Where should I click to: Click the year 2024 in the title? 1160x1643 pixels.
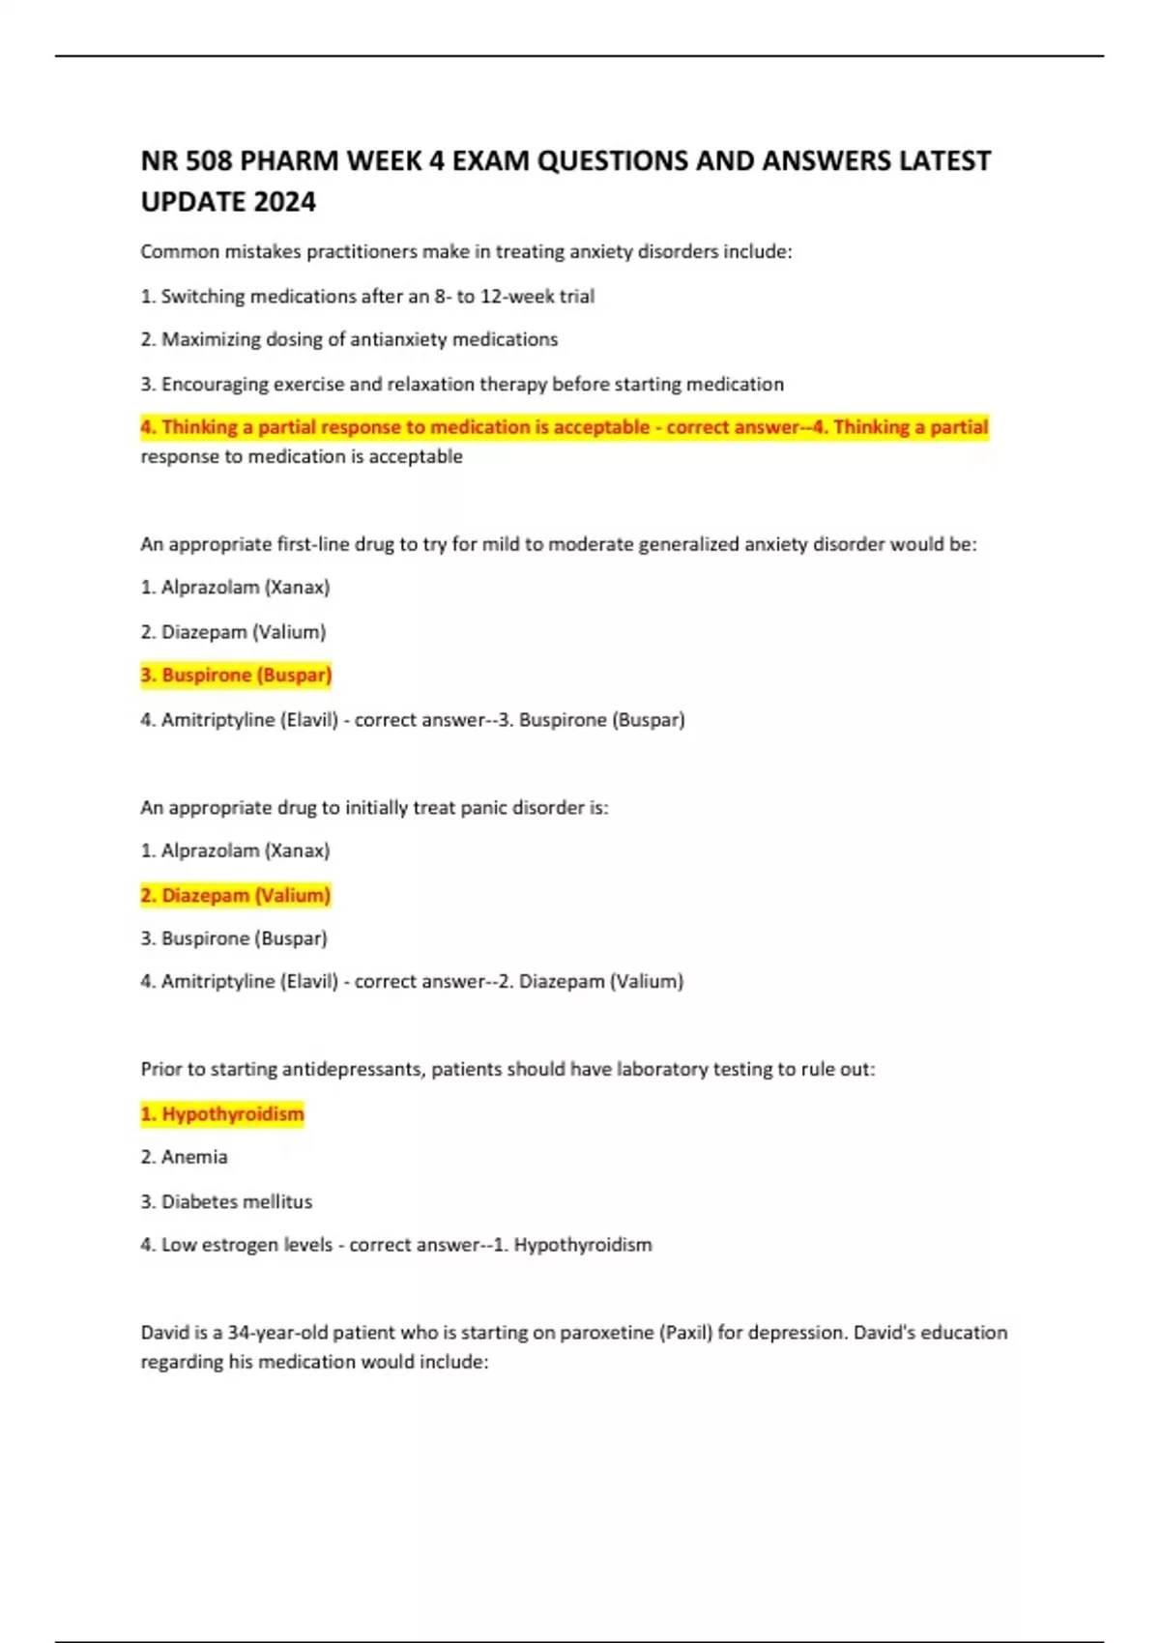point(284,202)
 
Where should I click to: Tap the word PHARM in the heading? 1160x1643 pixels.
point(288,160)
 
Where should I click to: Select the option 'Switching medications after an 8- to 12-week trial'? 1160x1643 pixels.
point(367,297)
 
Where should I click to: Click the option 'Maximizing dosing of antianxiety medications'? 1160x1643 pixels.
point(349,339)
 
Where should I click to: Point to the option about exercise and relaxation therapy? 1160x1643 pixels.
point(462,384)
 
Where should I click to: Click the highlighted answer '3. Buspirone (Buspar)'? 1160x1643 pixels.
point(236,675)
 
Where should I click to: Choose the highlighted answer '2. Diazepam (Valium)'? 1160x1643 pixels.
point(236,895)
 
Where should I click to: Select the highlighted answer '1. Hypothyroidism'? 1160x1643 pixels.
point(222,1113)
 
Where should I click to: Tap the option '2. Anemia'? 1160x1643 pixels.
point(185,1157)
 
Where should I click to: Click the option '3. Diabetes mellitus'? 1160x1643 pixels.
point(226,1201)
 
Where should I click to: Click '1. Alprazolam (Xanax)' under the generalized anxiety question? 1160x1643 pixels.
point(235,587)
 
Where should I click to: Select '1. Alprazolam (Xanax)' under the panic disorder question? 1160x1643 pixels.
point(235,850)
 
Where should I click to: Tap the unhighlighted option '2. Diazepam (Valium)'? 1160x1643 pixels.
point(233,632)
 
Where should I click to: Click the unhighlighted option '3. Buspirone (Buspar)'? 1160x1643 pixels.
point(234,937)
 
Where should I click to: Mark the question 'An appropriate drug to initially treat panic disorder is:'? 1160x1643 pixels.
point(374,807)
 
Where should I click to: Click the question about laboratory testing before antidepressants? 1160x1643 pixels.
point(507,1069)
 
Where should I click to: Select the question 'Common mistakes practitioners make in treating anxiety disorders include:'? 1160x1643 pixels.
point(466,252)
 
